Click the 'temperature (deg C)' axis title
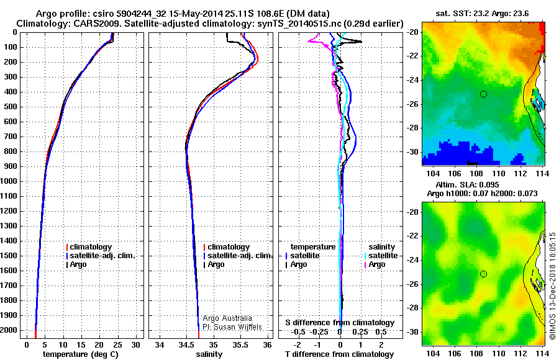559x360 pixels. (x=81, y=354)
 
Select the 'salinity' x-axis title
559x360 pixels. (x=209, y=354)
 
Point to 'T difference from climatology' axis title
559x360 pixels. (x=339, y=354)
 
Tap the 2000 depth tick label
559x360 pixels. (x=9, y=330)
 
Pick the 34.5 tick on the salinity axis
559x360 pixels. (x=186, y=345)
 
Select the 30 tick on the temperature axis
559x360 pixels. (x=135, y=345)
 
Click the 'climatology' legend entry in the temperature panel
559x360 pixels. (x=91, y=247)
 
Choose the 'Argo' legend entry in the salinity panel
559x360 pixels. (x=216, y=264)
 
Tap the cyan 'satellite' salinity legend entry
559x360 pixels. (x=381, y=256)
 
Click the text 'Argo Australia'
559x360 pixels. (x=227, y=318)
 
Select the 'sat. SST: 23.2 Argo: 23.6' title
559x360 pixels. (x=482, y=14)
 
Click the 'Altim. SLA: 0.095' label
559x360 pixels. (x=467, y=184)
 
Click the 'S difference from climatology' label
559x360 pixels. (x=340, y=323)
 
